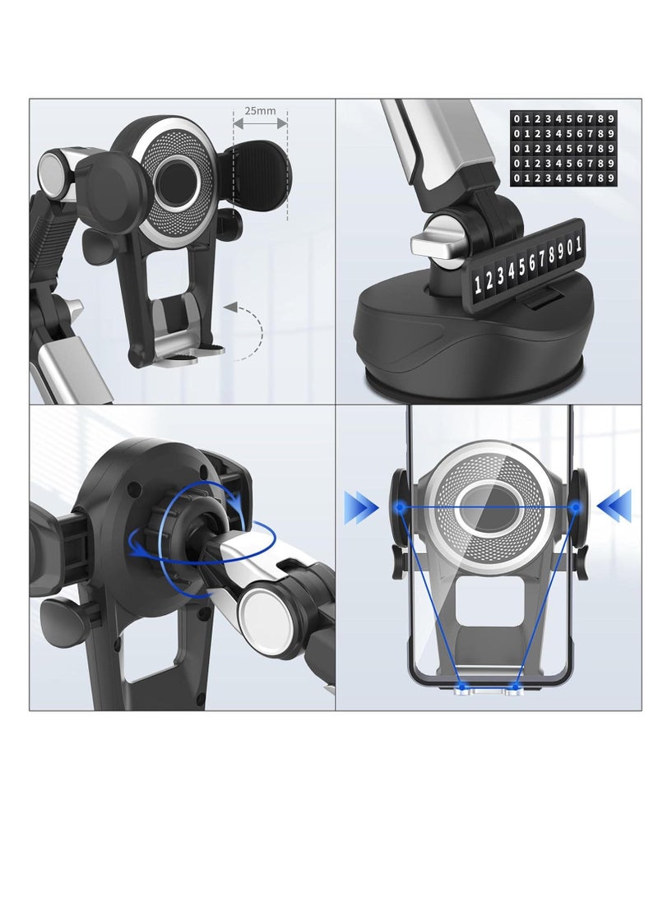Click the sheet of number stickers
pos(563,148)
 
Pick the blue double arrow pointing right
pos(360,506)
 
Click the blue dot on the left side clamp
pos(399,508)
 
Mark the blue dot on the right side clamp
pos(576,508)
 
